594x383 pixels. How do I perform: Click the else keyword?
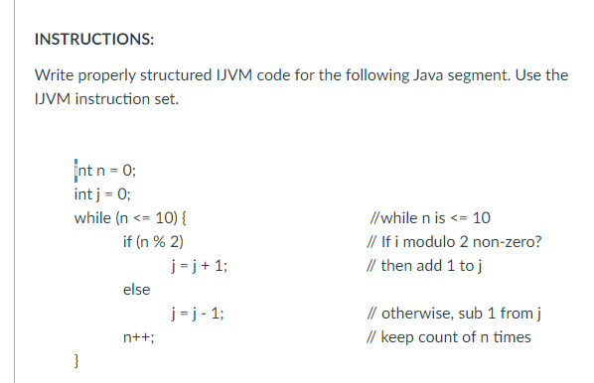point(136,290)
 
